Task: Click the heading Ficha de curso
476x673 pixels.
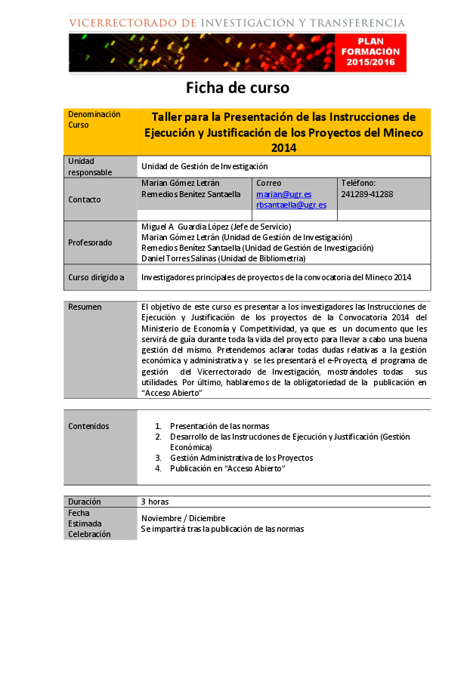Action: (238, 88)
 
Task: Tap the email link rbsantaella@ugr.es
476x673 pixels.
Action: (291, 205)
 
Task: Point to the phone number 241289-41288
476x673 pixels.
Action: (367, 194)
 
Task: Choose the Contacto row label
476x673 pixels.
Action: (85, 199)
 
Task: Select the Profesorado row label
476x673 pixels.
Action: (90, 242)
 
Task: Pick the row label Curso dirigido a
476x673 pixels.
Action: (96, 277)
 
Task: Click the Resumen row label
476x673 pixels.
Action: (85, 307)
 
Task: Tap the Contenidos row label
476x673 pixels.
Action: (88, 426)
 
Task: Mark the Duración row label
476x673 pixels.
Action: (84, 502)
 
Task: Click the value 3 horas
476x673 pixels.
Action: (154, 502)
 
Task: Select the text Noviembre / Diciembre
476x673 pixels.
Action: (184, 518)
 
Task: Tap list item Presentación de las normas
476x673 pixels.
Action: (219, 426)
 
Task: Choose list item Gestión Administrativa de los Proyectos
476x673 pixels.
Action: (241, 458)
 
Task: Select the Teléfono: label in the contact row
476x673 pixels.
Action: (358, 183)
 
